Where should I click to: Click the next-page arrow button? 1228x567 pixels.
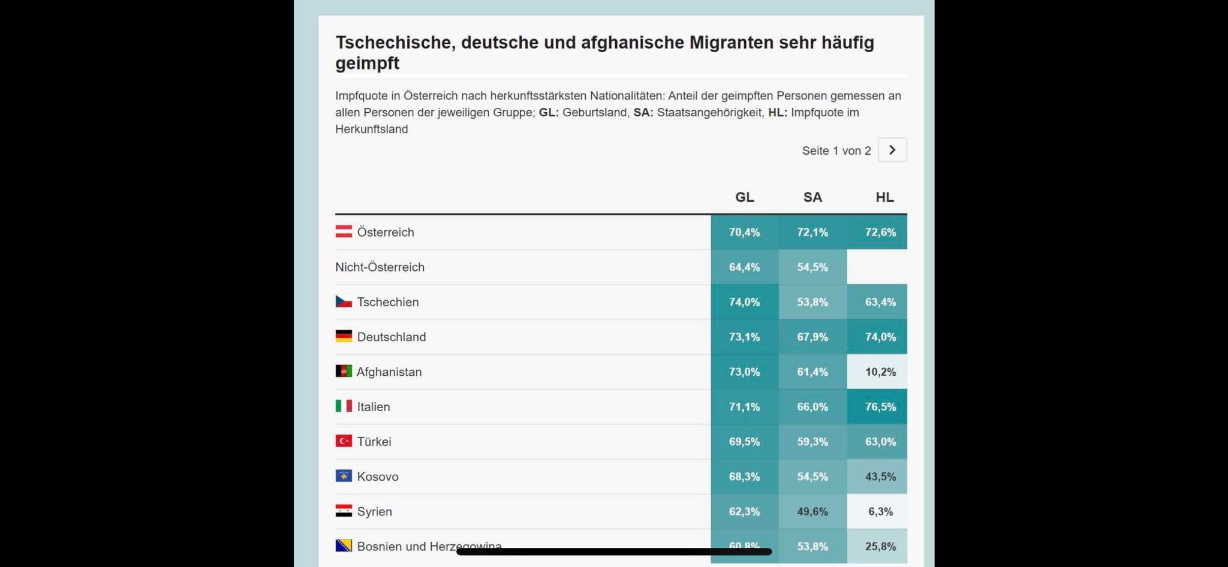click(892, 150)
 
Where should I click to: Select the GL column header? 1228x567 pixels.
click(744, 197)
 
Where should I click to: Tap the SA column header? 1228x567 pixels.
click(812, 197)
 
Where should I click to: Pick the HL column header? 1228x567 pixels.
click(884, 197)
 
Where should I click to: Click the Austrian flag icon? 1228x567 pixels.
click(344, 231)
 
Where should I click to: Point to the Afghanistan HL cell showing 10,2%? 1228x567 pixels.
click(880, 372)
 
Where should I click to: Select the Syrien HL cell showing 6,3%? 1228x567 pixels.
click(880, 511)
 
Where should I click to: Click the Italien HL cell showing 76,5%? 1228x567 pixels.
click(880, 406)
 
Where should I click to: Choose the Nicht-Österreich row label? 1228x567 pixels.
click(380, 267)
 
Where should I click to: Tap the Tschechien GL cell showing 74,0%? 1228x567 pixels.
click(744, 301)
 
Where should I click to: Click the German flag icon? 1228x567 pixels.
click(344, 336)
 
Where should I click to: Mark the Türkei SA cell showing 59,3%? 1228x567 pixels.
click(812, 442)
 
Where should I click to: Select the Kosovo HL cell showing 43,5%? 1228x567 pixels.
click(880, 476)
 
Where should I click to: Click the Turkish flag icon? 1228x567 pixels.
click(344, 441)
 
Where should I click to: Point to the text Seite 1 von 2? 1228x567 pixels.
click(836, 150)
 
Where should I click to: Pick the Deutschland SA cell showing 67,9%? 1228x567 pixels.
click(812, 337)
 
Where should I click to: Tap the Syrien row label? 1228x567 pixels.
click(374, 511)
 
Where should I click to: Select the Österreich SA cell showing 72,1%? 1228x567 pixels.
click(812, 232)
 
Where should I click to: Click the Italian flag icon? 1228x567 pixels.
click(344, 406)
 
